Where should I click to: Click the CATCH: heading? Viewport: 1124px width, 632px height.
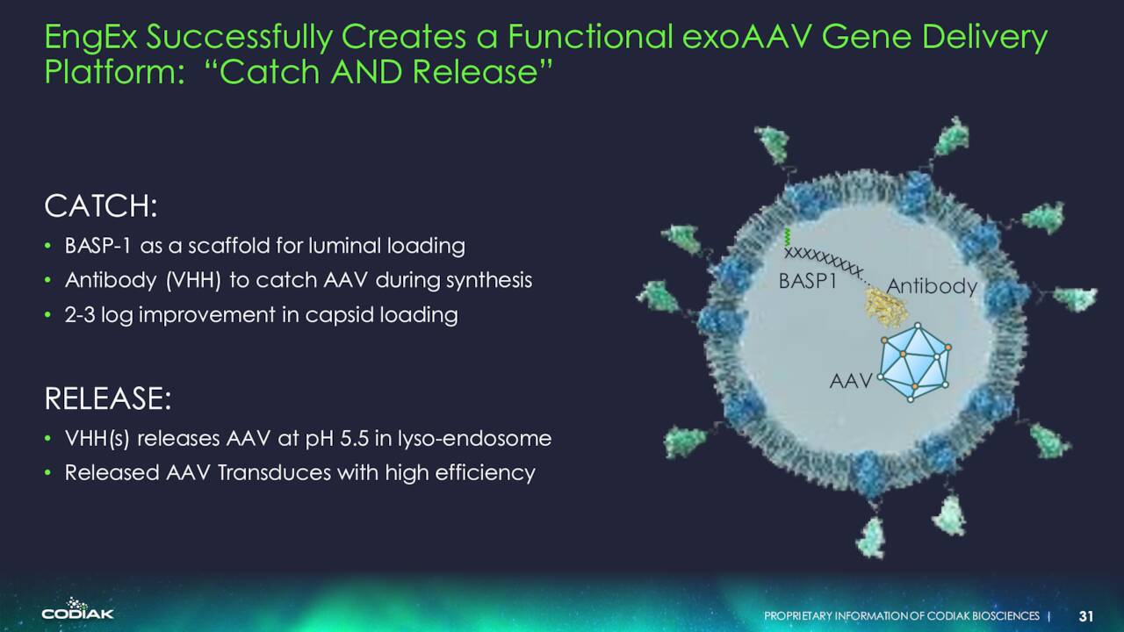click(101, 206)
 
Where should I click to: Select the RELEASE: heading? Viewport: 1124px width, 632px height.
click(108, 399)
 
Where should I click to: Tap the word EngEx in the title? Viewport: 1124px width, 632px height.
click(90, 38)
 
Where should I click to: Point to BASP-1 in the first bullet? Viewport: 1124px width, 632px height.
click(97, 246)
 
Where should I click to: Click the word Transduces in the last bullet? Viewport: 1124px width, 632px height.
click(274, 472)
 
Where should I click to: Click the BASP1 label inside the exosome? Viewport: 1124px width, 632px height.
click(808, 281)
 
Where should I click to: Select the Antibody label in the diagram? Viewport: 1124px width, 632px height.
click(932, 286)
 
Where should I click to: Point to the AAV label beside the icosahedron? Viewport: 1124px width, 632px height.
click(851, 381)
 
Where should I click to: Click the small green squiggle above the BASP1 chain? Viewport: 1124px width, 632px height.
click(788, 237)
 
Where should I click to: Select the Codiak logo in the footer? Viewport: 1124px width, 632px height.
click(78, 609)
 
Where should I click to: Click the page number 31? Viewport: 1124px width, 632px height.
click(1086, 616)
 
